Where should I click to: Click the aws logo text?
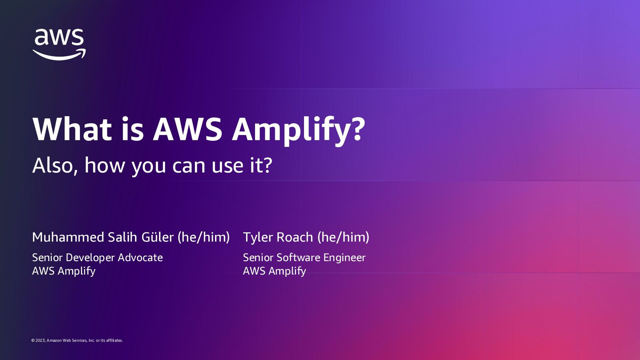[59, 37]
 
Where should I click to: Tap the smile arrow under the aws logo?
[59, 55]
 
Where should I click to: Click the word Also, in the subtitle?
[55, 165]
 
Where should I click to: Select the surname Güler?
[157, 237]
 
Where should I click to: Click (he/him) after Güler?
[204, 237]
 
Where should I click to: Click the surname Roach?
[295, 237]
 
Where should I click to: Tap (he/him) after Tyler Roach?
[343, 237]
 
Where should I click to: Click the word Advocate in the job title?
[140, 258]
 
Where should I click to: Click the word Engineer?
[344, 258]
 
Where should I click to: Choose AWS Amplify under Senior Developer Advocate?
[64, 271]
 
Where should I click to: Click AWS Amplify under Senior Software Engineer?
[274, 271]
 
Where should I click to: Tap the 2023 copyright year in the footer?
[40, 340]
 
